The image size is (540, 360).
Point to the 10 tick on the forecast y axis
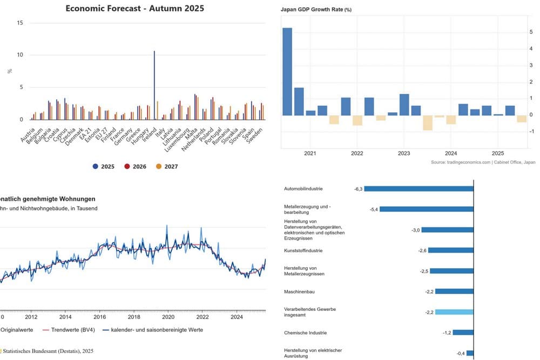[x=20, y=55]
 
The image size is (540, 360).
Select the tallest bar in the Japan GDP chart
[x=287, y=71]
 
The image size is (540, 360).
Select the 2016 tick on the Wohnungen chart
[x=99, y=317]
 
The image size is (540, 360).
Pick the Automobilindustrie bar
[x=419, y=189]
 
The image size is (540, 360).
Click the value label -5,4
[x=373, y=209]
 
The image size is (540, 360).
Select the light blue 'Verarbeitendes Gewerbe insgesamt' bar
[x=454, y=312]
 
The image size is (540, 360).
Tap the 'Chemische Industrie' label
[x=305, y=332]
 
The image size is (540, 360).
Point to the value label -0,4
[x=461, y=354]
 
